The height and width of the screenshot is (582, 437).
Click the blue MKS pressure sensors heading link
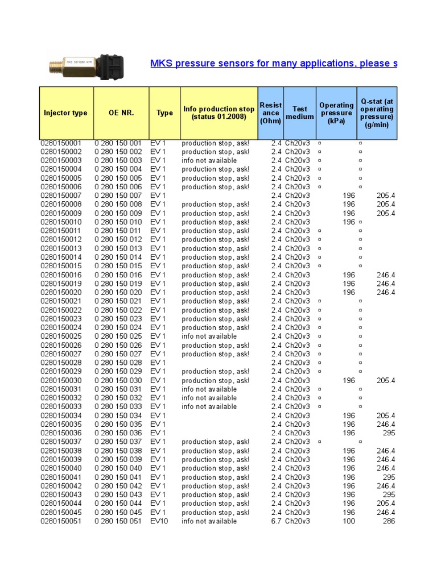click(x=273, y=63)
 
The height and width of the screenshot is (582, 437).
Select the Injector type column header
click(x=65, y=113)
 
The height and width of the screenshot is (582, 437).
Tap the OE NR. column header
click(x=121, y=113)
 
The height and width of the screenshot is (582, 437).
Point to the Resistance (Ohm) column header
click(x=270, y=113)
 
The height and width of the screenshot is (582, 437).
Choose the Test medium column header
click(x=299, y=113)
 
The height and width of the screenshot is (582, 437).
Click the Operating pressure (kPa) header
click(x=336, y=113)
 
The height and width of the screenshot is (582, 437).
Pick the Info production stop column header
click(x=219, y=113)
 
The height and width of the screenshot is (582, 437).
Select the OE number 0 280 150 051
click(x=118, y=521)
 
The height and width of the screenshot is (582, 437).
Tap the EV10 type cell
click(x=159, y=521)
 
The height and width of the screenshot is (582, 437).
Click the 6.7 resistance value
click(x=276, y=521)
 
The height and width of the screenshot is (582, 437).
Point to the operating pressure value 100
click(x=349, y=521)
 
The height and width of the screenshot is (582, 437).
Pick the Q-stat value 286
click(x=389, y=521)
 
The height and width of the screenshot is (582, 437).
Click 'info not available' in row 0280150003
click(x=209, y=161)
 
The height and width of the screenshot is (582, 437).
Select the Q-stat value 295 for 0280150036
click(x=389, y=433)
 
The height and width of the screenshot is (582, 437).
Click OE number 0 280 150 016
click(x=118, y=275)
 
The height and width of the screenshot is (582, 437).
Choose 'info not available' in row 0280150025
click(x=209, y=336)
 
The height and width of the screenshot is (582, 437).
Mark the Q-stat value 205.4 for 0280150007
click(x=386, y=196)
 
